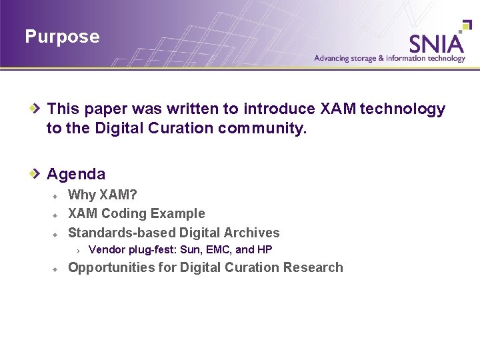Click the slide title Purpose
click(x=62, y=37)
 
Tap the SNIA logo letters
click(x=436, y=43)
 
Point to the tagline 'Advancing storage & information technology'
click(x=390, y=59)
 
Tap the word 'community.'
click(x=263, y=127)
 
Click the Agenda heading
click(x=76, y=174)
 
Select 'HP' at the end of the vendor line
click(x=265, y=250)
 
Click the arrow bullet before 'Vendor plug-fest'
click(x=78, y=251)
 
